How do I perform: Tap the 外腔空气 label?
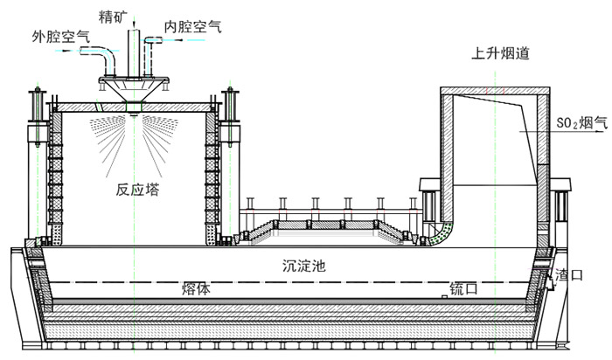pyautogui.click(x=60, y=36)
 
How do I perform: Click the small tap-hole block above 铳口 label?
pyautogui.click(x=445, y=297)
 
